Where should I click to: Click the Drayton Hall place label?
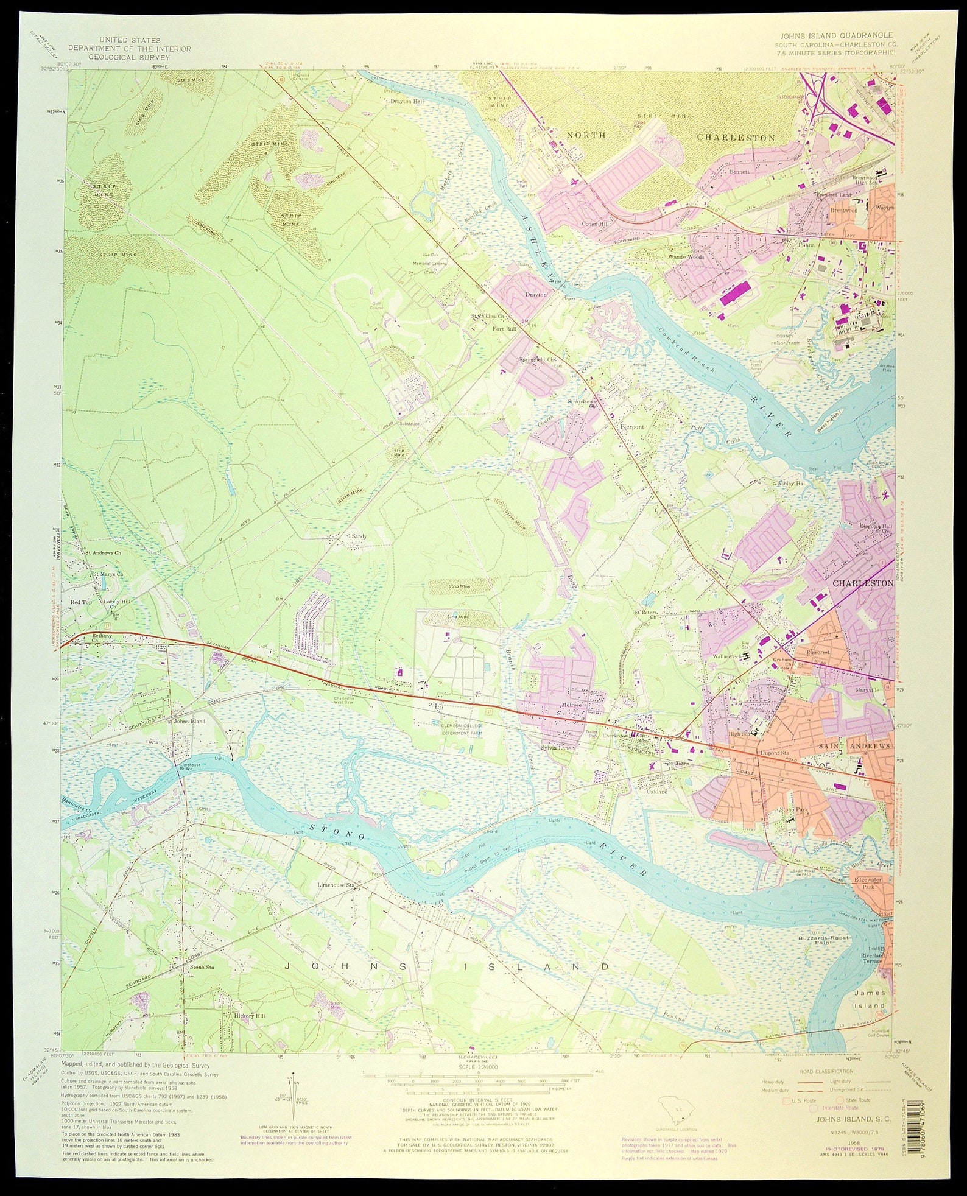click(x=406, y=101)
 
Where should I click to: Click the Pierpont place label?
click(x=631, y=426)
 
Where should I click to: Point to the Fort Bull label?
click(x=504, y=329)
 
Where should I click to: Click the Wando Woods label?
click(x=687, y=257)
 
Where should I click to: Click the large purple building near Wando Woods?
click(x=736, y=294)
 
